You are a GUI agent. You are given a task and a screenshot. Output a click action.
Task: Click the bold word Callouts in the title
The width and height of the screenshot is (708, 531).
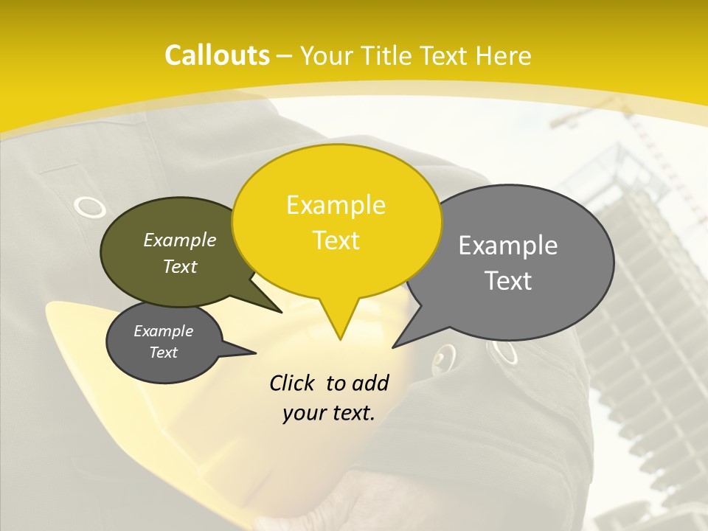coord(217,55)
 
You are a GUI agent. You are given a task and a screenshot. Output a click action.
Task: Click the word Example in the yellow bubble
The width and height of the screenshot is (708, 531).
coord(336,205)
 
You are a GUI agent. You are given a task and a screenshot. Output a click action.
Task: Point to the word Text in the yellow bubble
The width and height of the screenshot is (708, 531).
coord(336,240)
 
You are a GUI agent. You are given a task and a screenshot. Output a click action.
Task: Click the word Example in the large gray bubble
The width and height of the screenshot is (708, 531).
coord(508,246)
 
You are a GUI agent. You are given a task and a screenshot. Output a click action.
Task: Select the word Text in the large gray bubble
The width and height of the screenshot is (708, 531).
coord(508,281)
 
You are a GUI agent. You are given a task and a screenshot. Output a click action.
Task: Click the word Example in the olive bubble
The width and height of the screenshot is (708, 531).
coord(180,240)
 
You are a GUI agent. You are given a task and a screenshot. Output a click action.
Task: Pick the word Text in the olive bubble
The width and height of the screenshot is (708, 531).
coord(180,267)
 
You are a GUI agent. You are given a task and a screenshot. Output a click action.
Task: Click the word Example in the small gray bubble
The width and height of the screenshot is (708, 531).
coord(164,332)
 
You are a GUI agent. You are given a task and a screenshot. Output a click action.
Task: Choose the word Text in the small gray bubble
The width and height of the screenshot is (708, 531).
coord(164,353)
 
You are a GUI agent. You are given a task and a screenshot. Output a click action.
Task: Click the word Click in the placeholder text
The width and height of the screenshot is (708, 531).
coord(294,383)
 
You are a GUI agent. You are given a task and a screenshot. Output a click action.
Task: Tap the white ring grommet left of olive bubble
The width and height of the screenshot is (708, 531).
coord(90,207)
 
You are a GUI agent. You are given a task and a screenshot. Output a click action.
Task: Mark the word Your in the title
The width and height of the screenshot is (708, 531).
coord(329,55)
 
